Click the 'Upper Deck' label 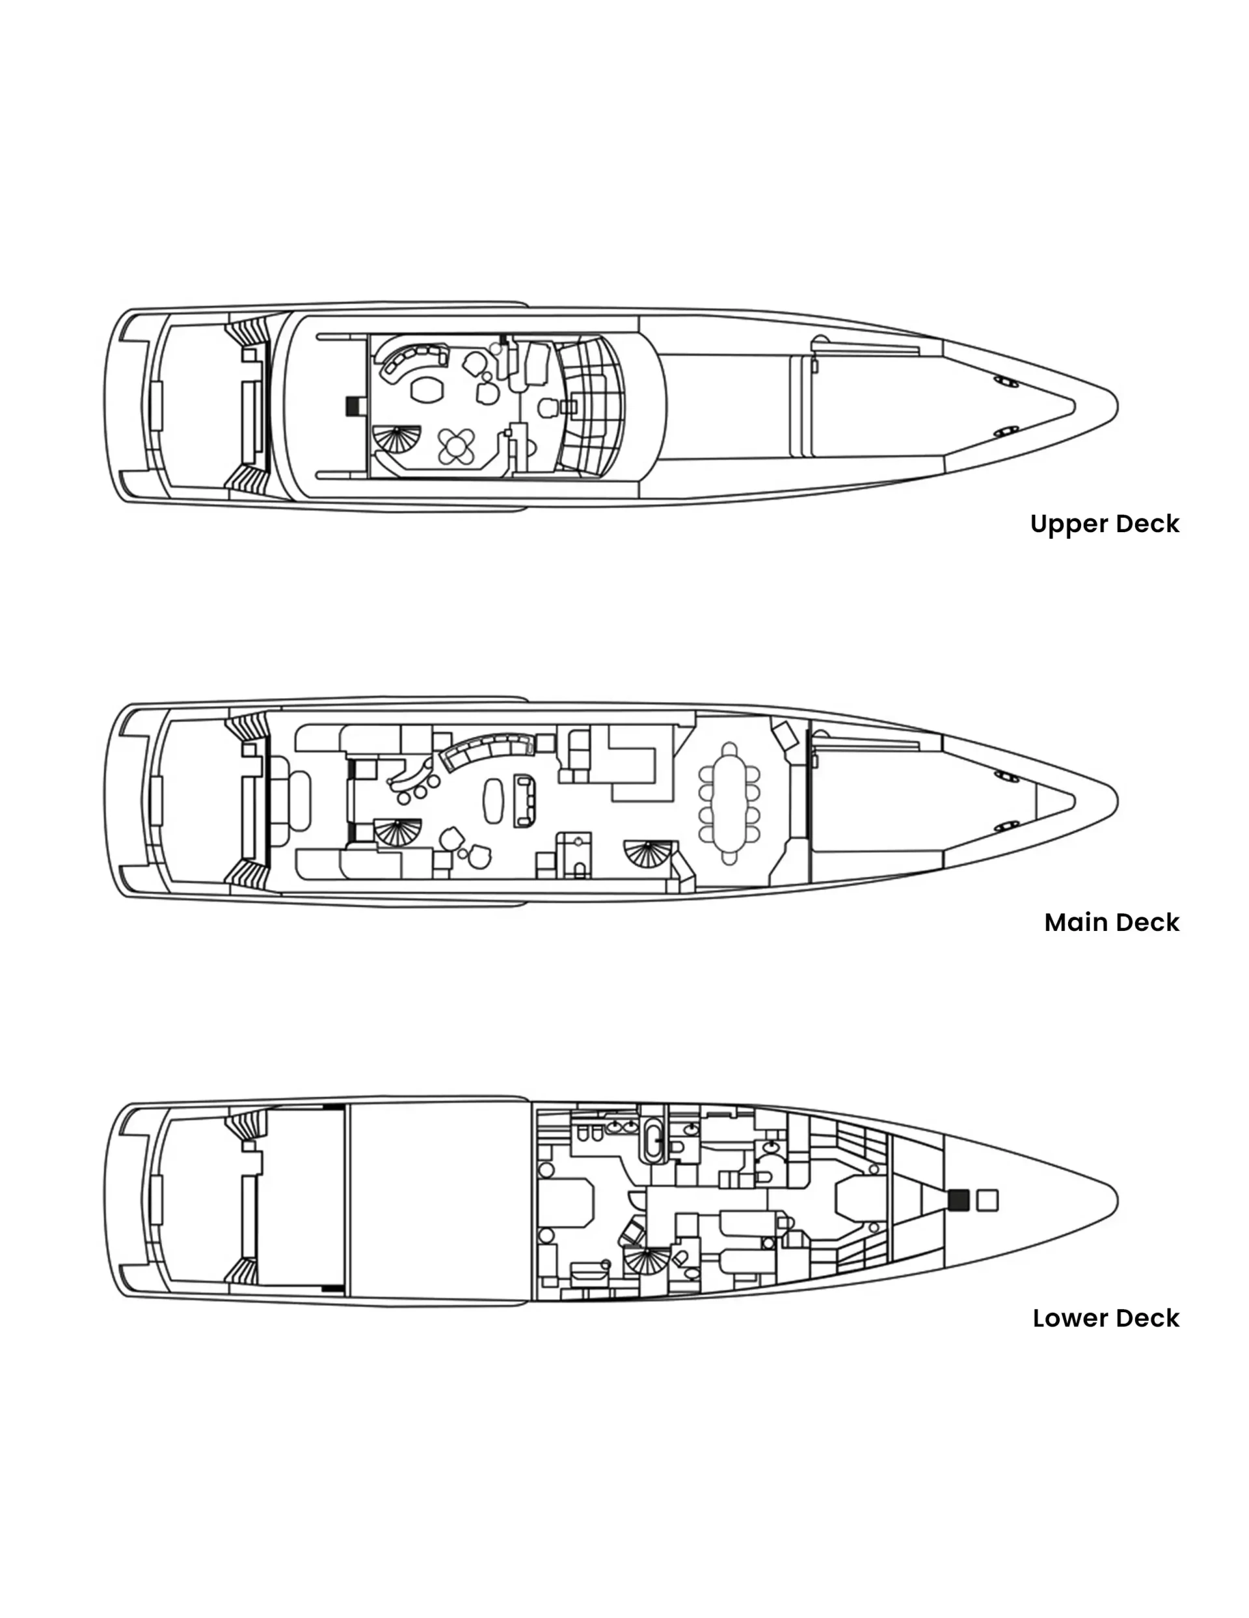click(1104, 524)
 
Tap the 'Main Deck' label click(1111, 923)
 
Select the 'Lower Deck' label click(1105, 1318)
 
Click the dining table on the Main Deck click(730, 803)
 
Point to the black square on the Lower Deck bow click(958, 1200)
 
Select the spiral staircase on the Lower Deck click(646, 1260)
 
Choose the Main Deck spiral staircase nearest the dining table click(650, 855)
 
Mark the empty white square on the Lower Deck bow click(987, 1200)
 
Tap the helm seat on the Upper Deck click(548, 407)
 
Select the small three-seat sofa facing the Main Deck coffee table click(525, 801)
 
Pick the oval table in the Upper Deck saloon click(426, 390)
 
